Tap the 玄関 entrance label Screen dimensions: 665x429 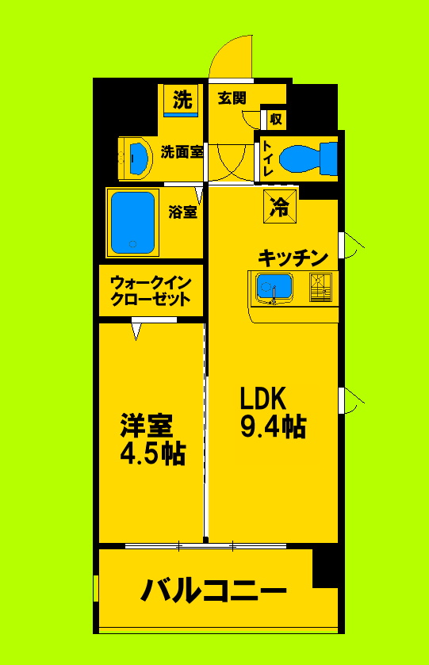(x=232, y=99)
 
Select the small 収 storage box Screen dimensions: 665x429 (x=275, y=119)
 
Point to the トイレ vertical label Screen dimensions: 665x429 (x=267, y=158)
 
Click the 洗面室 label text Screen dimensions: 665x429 (x=182, y=152)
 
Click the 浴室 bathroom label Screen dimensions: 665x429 (x=183, y=212)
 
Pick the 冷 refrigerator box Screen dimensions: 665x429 (x=280, y=208)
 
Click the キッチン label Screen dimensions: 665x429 (x=293, y=258)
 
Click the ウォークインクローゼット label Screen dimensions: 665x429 (x=150, y=290)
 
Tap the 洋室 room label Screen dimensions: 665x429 (x=147, y=426)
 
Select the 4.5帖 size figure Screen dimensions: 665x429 (x=152, y=453)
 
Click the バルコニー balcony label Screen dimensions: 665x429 (x=214, y=590)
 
